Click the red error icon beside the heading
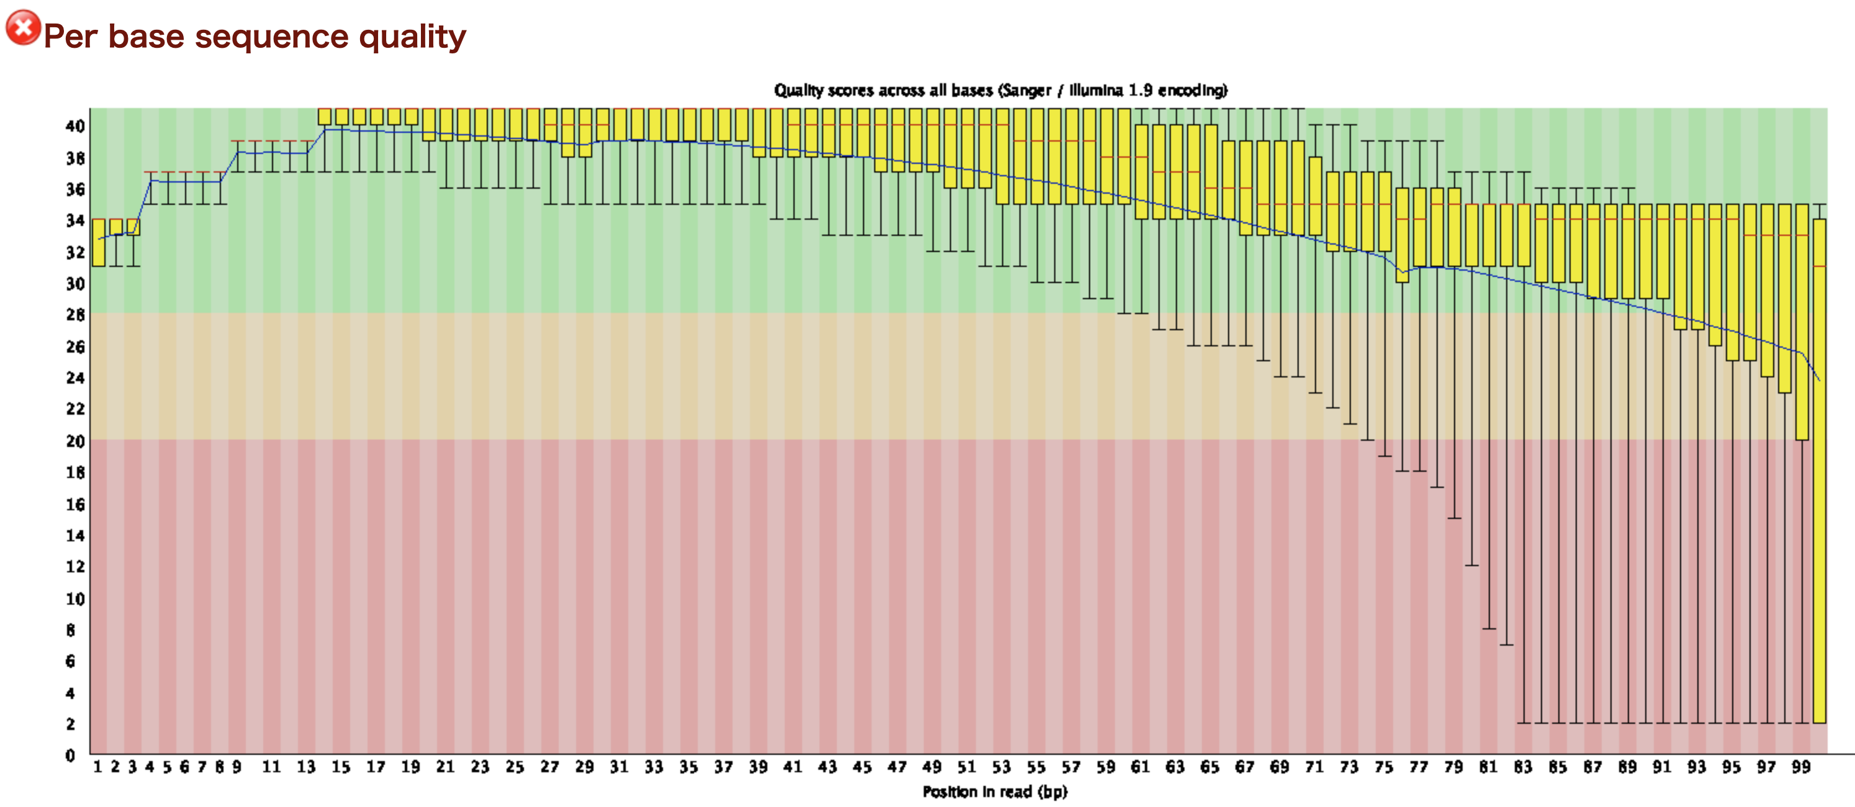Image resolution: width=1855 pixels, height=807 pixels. coord(23,28)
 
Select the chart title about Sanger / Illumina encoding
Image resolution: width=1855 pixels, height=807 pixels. coord(1000,91)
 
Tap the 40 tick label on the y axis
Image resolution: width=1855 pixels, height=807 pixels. coord(75,126)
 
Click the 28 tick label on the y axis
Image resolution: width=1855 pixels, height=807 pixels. coord(75,315)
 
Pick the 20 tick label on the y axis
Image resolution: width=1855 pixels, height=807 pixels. coord(75,441)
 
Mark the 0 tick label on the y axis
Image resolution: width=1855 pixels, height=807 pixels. coord(70,755)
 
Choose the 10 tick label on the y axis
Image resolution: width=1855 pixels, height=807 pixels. coord(75,598)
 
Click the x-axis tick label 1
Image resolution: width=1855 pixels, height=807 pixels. coord(97,767)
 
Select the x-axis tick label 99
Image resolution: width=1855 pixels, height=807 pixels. coord(1801,767)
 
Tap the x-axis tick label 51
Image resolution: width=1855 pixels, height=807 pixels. coord(967,767)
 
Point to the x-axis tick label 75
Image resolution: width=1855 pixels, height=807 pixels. coord(1383,767)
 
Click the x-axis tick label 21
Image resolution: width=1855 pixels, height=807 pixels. coord(445,767)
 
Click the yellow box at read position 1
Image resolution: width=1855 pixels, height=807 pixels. coord(99,243)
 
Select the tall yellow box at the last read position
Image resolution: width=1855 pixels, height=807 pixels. coord(1819,468)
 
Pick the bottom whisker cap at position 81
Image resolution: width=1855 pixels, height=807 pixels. coord(1489,628)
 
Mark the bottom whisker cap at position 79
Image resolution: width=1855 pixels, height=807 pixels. coord(1455,518)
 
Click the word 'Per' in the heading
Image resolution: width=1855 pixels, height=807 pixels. coord(70,37)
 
